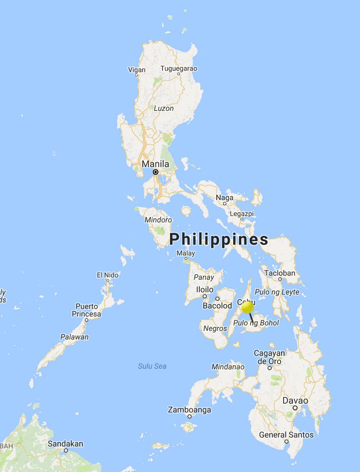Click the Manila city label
(155, 164)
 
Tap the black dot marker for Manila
(156, 172)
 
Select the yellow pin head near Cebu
(247, 307)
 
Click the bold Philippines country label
(219, 239)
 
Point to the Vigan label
(137, 70)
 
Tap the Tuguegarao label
(179, 69)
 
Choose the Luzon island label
(164, 109)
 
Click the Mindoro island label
(158, 220)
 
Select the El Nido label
(108, 275)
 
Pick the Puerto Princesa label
(87, 310)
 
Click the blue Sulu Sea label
(152, 366)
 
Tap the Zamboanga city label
(190, 410)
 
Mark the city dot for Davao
(295, 407)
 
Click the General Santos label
(286, 434)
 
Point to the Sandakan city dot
(66, 450)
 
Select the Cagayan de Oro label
(269, 357)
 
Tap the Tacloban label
(280, 273)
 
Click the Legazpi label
(241, 213)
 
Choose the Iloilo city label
(204, 290)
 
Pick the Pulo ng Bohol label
(256, 323)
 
